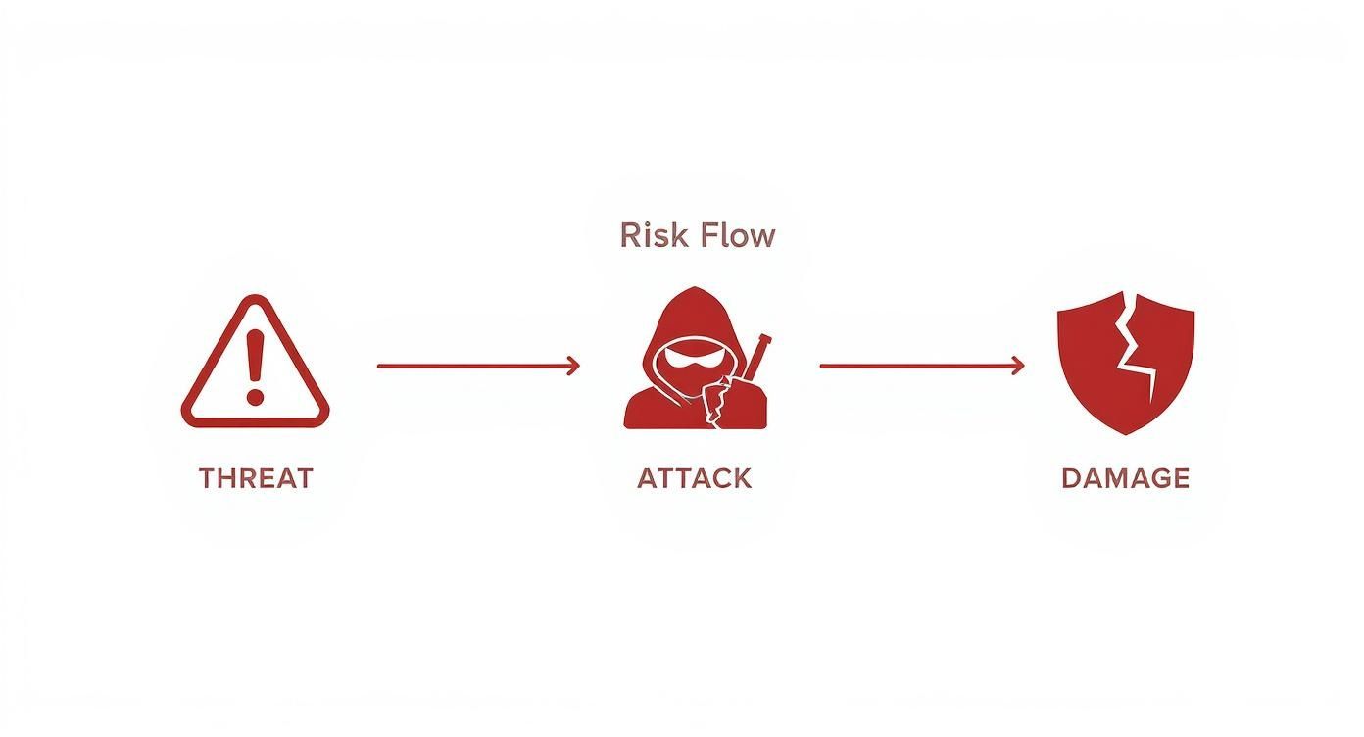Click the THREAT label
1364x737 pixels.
coord(256,478)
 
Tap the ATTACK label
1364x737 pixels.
coord(694,478)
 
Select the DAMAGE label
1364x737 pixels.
coord(1125,478)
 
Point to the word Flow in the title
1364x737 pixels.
coord(738,235)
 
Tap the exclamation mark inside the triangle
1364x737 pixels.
coord(255,368)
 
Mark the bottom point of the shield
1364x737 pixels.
coord(1126,434)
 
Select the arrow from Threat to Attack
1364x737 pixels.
coord(478,367)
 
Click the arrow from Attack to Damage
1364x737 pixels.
coord(922,367)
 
